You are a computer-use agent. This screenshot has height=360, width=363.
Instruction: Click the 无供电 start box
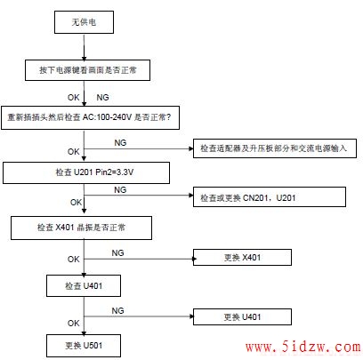84,22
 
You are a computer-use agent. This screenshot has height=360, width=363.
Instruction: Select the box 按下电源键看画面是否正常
87,70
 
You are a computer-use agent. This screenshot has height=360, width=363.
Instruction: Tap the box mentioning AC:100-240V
90,117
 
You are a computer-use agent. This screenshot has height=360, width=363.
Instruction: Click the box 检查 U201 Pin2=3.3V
86,172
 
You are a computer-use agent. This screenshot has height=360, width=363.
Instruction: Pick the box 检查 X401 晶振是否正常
81,228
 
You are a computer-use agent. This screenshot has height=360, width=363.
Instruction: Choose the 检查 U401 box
84,285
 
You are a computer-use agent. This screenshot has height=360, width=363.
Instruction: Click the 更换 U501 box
84,346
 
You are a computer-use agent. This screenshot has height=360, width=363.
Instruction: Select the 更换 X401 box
242,257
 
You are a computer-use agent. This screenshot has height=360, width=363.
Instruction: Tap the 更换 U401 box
242,316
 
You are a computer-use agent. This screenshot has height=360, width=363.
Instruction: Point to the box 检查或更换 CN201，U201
270,196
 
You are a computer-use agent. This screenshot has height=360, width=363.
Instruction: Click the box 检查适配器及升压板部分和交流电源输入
275,148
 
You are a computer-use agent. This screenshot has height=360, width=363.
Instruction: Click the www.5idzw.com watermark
303,347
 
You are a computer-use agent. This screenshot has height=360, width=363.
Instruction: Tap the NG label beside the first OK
102,97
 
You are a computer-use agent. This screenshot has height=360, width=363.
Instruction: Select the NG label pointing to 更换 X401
117,253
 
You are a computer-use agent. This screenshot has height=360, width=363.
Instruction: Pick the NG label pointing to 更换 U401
117,311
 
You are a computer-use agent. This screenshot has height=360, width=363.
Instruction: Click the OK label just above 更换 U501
74,323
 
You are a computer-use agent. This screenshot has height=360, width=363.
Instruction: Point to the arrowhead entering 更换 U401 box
191,316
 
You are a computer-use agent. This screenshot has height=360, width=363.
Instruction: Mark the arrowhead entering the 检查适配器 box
191,148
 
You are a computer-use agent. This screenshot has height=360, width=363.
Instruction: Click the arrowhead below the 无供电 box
85,58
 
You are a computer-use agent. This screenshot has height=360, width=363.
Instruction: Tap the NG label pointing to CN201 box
120,189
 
